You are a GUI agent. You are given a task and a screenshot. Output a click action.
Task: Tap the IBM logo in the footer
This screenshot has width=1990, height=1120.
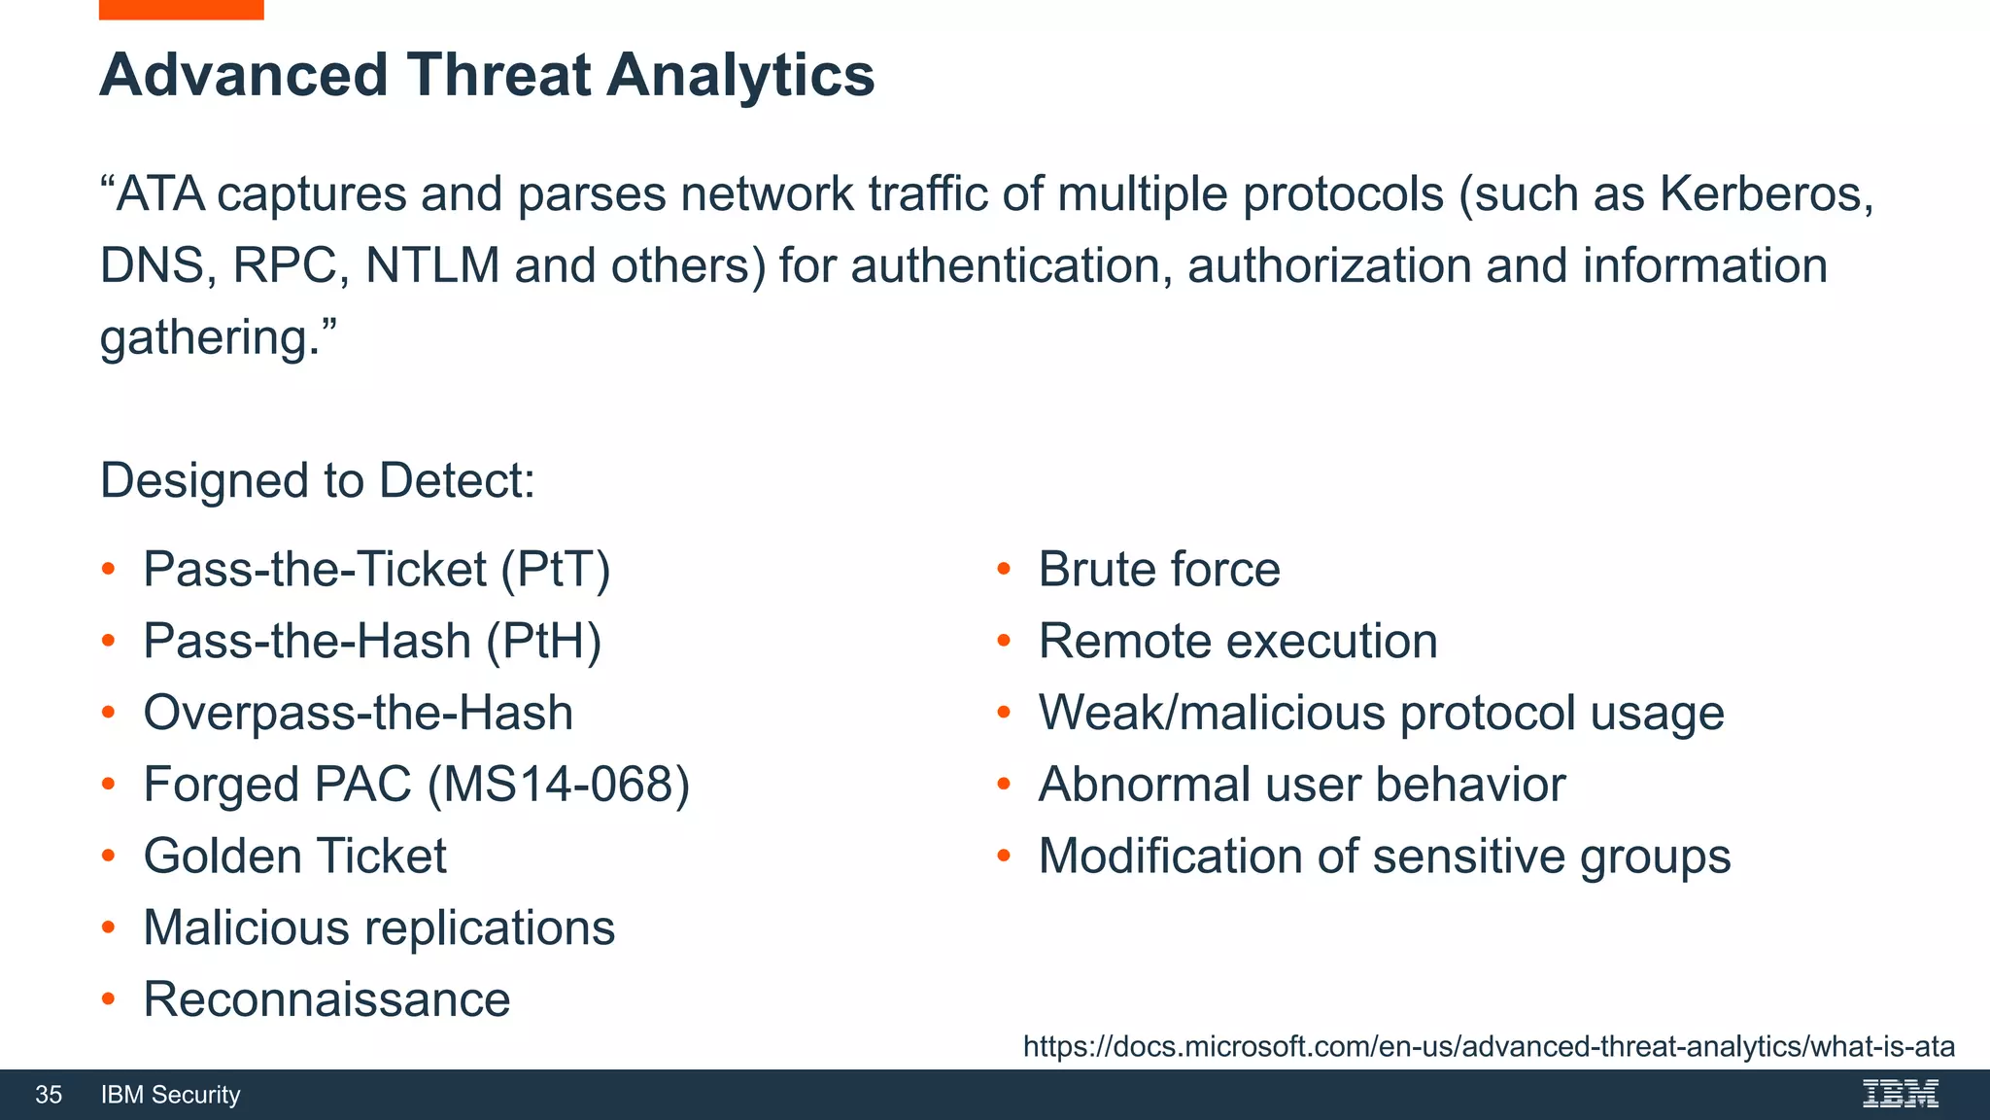1900,1095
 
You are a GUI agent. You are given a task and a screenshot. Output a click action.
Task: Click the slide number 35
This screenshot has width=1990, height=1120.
49,1095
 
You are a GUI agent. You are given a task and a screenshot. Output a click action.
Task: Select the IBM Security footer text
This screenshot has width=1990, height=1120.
170,1095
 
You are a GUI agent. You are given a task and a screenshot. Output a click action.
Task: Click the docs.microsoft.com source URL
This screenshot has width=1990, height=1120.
1489,1047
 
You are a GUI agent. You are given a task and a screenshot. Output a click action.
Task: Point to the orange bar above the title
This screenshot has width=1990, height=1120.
181,9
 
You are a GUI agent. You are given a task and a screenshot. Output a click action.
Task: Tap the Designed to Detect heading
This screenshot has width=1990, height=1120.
318,481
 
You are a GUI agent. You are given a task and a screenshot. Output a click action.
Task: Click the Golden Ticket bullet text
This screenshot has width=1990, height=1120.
294,857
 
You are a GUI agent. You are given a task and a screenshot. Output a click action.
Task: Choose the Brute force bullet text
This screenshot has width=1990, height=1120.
1158,570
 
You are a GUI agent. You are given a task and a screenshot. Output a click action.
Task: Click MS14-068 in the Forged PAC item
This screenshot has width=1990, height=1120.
558,785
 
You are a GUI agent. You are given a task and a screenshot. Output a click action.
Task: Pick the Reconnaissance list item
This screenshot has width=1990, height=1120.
326,1000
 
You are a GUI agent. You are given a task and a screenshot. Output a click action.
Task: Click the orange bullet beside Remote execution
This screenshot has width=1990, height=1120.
1004,641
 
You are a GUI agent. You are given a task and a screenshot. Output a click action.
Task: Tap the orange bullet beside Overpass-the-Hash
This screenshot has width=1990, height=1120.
109,713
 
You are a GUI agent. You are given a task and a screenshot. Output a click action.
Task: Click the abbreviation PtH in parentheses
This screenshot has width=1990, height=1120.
543,642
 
